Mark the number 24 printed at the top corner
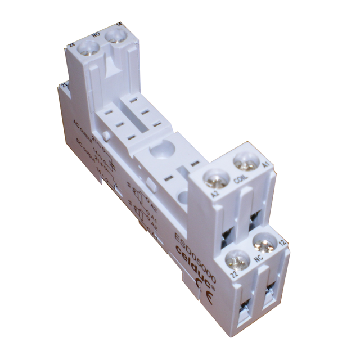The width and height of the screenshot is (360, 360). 71,45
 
